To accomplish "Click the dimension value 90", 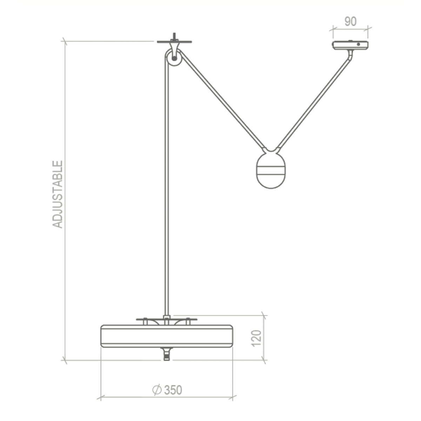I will (350, 22).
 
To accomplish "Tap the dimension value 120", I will (257, 338).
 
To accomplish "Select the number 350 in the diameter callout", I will (173, 390).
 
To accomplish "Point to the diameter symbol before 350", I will (156, 390).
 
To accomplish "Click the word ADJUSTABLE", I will (58, 194).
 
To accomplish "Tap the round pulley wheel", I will (173, 58).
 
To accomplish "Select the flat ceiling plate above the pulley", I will (174, 42).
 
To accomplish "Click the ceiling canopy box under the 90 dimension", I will (350, 45).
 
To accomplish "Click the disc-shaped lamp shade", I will (167, 336).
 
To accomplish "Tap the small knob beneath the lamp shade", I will (167, 354).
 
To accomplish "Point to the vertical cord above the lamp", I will (167, 193).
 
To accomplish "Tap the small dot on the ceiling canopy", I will (358, 44).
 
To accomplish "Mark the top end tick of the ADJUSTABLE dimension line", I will (65, 41).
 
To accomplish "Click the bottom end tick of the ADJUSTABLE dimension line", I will (65, 360).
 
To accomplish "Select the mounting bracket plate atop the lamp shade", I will (167, 320).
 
